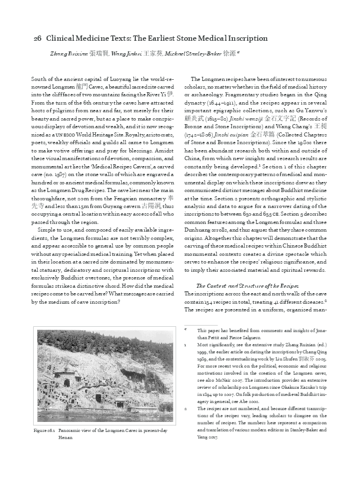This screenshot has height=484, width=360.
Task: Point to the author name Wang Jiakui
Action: tap(127, 53)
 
